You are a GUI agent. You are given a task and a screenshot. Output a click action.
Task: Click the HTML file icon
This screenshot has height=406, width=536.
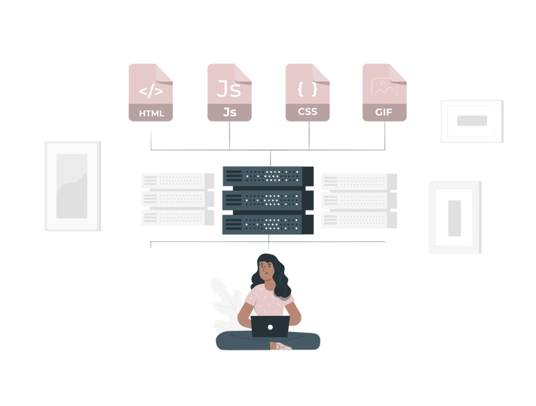[x=151, y=93]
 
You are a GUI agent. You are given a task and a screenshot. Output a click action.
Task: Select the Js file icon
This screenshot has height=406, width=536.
[x=230, y=93]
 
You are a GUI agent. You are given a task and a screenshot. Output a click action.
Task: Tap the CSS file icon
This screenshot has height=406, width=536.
[x=308, y=93]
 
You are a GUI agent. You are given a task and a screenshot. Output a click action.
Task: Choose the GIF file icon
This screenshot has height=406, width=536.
[x=385, y=93]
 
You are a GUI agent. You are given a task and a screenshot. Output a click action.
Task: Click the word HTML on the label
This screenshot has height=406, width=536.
[x=151, y=113]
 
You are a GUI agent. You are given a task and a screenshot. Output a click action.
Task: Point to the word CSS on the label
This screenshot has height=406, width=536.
[x=308, y=112]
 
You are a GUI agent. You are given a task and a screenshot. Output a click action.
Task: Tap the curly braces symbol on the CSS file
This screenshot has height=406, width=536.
[x=308, y=89]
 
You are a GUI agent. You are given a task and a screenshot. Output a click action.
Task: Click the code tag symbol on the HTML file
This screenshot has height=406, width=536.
[x=151, y=91]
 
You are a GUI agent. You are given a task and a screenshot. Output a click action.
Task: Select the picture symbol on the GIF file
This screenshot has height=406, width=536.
[x=385, y=87]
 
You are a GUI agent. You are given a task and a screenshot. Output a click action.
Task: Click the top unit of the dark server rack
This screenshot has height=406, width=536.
[x=268, y=176]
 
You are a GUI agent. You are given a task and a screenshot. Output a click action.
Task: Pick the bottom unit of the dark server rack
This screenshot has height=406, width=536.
[x=268, y=225]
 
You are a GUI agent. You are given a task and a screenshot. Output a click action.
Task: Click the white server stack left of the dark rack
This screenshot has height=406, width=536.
[x=177, y=199]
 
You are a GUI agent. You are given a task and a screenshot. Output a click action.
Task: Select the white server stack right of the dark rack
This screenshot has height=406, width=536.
[x=358, y=200]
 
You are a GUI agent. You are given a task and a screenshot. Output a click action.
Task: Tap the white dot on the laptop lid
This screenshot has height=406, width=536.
[x=270, y=326]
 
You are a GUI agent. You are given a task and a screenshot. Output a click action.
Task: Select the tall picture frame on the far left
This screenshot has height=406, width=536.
[x=73, y=186]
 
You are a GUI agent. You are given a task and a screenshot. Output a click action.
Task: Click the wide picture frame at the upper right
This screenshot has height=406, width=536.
[x=472, y=121]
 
